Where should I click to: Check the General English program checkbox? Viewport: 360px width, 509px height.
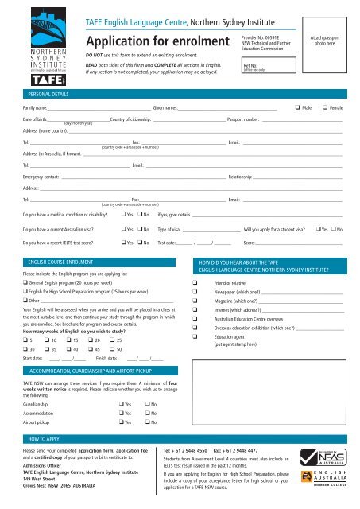click(25, 270)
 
